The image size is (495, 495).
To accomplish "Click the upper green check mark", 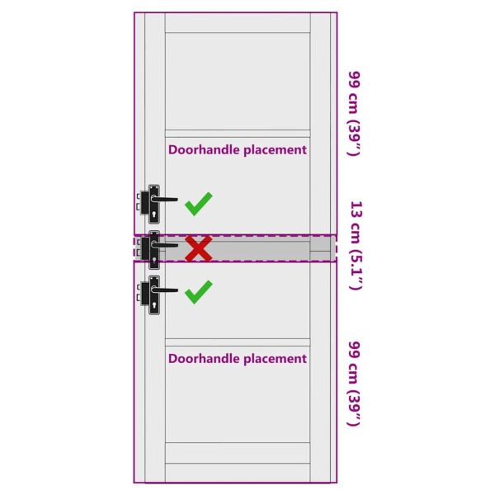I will point(198,203).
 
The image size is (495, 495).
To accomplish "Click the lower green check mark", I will point(198,291).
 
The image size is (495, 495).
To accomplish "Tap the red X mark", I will point(198,247).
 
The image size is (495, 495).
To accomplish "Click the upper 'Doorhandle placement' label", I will point(238,150).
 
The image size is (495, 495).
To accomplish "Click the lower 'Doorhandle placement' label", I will point(238,359).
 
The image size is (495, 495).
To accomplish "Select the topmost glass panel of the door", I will point(238,81).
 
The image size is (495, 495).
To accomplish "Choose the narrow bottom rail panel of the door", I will point(238,453).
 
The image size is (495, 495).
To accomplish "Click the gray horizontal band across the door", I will point(247,247).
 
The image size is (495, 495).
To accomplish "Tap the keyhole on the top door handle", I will point(154,214).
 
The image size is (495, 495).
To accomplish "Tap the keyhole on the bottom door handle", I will point(154,305).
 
